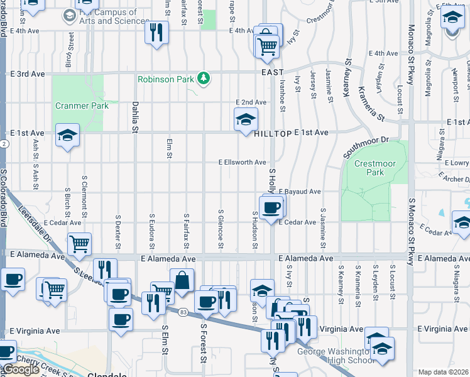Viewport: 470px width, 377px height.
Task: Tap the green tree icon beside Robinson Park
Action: (203, 79)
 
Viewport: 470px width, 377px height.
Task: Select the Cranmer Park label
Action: (82, 106)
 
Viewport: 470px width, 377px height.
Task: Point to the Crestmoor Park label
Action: (368, 168)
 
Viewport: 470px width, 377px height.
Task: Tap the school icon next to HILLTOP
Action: (246, 119)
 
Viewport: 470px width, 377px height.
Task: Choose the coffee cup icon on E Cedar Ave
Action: (271, 207)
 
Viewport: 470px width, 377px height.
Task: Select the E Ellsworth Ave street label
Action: (242, 162)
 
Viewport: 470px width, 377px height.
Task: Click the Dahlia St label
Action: (134, 117)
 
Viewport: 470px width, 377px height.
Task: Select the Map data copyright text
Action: (444, 372)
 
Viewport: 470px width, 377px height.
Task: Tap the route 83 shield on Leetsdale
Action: (183, 312)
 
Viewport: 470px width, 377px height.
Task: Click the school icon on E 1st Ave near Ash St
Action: (67, 135)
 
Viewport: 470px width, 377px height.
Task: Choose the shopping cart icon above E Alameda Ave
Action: (79, 243)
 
